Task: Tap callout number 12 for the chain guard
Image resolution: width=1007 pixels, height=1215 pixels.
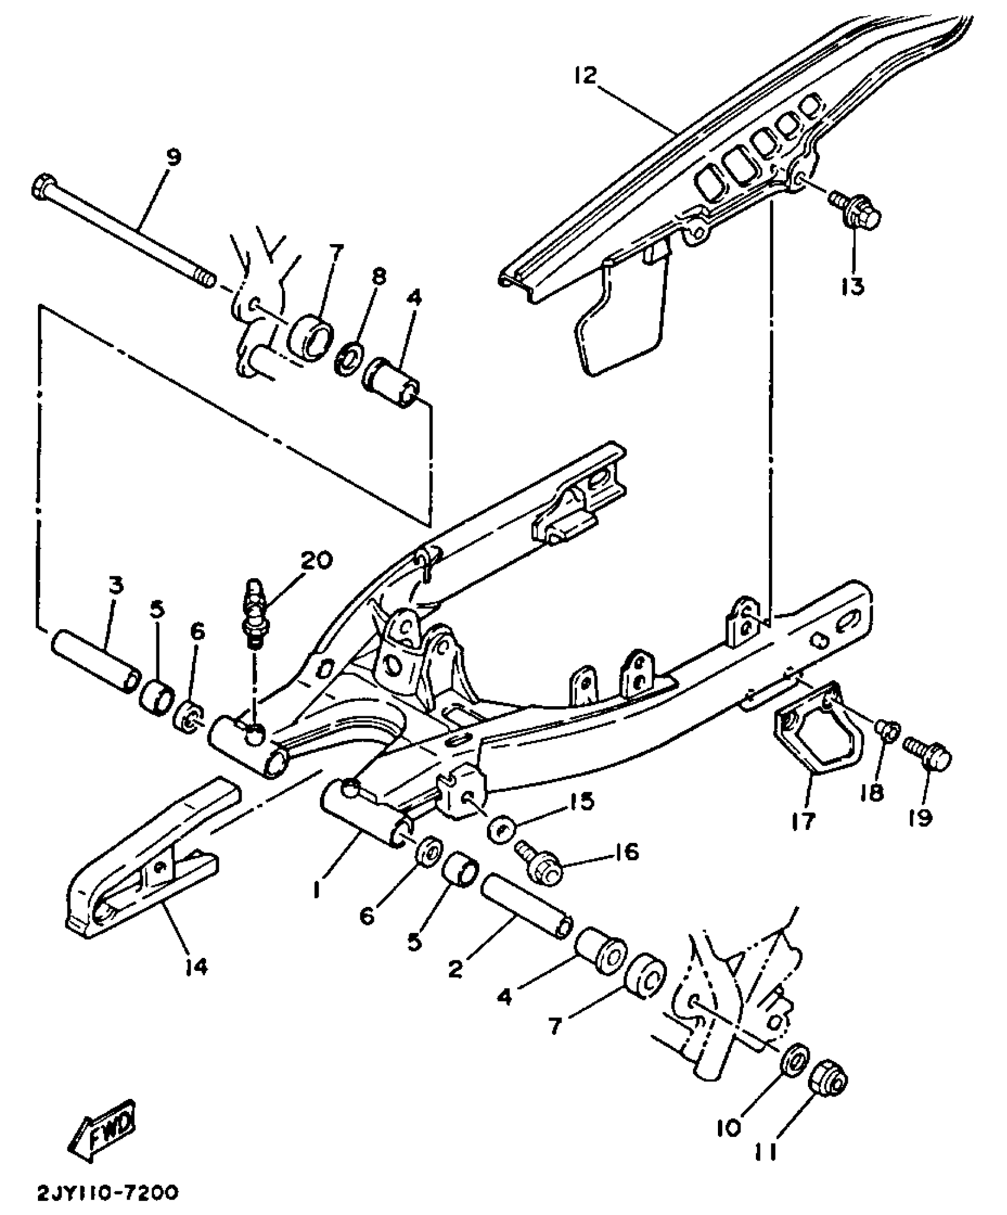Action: (x=586, y=75)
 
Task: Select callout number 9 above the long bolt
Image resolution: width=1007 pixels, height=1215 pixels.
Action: (x=173, y=158)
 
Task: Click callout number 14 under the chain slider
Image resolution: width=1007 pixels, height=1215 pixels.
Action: (x=197, y=967)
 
